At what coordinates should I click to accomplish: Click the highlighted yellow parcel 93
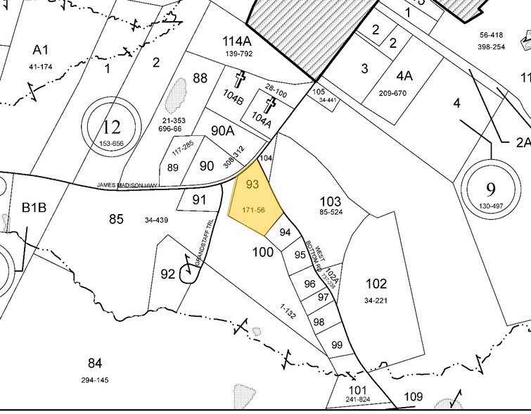[x=255, y=204]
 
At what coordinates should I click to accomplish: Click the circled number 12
[x=111, y=127]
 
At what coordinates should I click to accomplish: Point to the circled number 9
[x=490, y=189]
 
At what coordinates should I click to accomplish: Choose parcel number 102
[x=376, y=284]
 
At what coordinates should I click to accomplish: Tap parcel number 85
[x=116, y=219]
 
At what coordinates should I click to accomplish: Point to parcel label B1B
[x=33, y=208]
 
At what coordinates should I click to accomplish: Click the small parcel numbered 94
[x=285, y=232]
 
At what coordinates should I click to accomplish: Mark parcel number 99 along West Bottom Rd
[x=336, y=344]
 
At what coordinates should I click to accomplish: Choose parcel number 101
[x=358, y=389]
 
